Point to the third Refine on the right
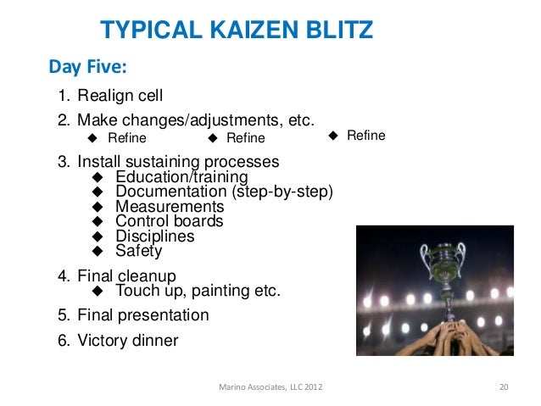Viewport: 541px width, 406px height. pos(365,136)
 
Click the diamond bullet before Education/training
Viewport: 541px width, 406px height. pos(97,177)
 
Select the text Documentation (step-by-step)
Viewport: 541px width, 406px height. pos(224,192)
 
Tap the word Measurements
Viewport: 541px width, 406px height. pos(170,207)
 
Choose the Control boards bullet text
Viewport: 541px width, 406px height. pos(169,221)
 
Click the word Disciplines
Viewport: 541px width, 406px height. pos(154,236)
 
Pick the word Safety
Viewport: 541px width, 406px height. pos(138,251)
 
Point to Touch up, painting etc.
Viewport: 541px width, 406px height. pos(198,292)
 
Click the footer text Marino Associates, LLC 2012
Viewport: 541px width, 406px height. pos(270,387)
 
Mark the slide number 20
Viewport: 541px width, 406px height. pos(503,387)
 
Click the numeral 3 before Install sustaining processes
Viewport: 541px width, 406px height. pos(63,162)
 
